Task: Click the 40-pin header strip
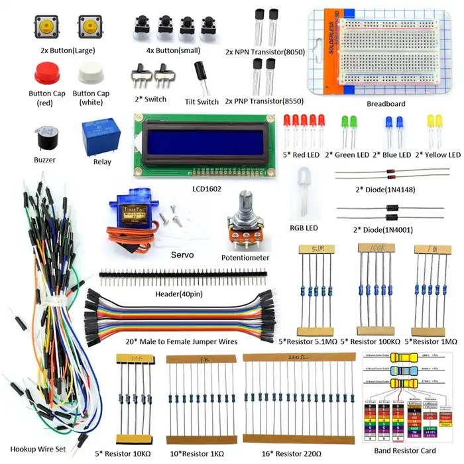click(x=184, y=272)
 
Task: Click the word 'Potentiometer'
click(x=245, y=257)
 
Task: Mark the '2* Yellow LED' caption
click(x=437, y=155)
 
